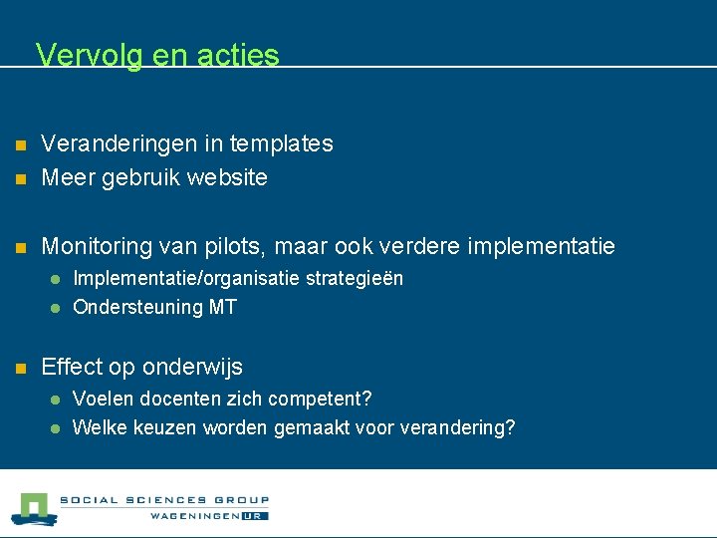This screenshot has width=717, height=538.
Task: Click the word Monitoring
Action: click(x=98, y=246)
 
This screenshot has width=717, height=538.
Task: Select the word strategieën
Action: click(x=356, y=278)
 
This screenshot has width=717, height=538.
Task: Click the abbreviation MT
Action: click(x=223, y=307)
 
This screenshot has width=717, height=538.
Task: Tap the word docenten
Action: click(x=166, y=399)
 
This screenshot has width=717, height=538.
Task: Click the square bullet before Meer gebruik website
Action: click(x=18, y=179)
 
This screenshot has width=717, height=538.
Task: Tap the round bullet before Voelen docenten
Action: click(x=57, y=401)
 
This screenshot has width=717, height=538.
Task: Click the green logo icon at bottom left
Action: click(x=33, y=508)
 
